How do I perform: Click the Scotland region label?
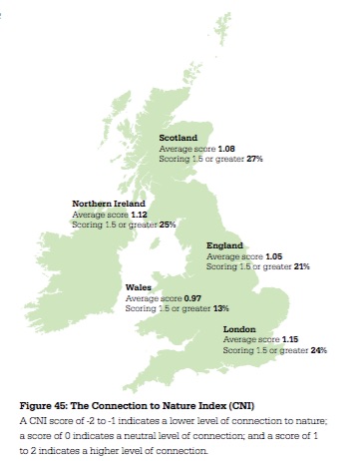179,138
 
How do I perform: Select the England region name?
223,245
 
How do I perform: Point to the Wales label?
138,287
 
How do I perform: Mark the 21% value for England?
302,266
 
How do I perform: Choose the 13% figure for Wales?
220,308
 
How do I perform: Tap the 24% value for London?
318,350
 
